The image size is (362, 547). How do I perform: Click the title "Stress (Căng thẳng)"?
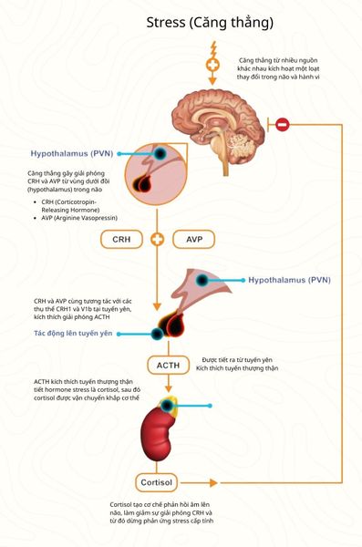pos(210,22)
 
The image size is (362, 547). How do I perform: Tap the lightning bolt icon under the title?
pos(213,46)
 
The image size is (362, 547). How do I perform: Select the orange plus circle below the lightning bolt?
pos(213,65)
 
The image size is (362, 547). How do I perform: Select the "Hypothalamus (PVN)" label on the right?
pos(292,280)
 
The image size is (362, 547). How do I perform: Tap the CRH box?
pos(121,239)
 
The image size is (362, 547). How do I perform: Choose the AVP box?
pos(193,239)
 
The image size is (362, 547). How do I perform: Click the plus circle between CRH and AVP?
pos(157,239)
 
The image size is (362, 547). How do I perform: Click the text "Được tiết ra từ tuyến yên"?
pos(238,360)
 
